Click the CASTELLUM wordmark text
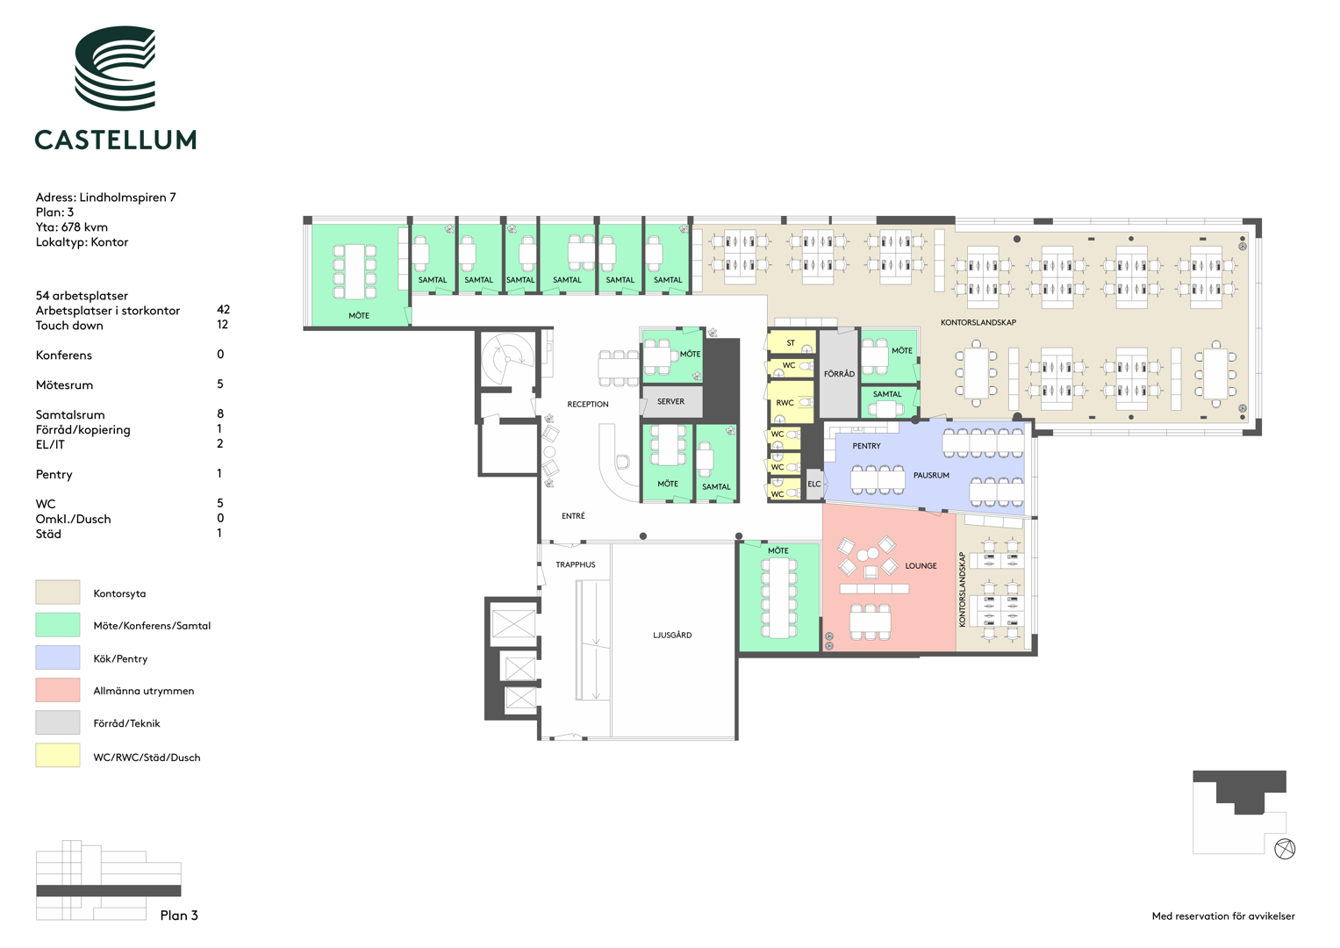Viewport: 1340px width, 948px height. (116, 140)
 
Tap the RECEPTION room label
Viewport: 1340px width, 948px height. (587, 405)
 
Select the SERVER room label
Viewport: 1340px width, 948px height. (670, 402)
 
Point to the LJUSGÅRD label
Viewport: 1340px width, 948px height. (672, 635)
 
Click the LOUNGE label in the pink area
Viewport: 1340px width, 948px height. (921, 565)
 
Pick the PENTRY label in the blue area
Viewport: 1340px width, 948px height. (867, 446)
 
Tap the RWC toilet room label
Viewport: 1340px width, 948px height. (785, 403)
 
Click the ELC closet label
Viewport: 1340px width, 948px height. (814, 485)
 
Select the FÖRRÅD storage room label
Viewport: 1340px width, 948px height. (839, 374)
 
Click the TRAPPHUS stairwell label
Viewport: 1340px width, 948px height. (576, 564)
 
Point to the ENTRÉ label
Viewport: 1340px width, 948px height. (573, 516)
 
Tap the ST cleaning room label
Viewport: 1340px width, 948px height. (791, 343)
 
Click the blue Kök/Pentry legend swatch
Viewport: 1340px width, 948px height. (57, 657)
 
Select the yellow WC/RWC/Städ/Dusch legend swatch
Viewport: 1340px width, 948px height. (57, 755)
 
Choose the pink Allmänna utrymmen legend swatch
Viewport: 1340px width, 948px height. (57, 690)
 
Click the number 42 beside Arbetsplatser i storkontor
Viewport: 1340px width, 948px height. (223, 309)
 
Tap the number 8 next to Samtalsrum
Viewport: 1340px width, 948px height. (220, 413)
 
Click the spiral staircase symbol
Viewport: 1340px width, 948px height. (506, 360)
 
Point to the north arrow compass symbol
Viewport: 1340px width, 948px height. (1285, 849)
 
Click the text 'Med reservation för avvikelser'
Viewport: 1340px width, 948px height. (1223, 916)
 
